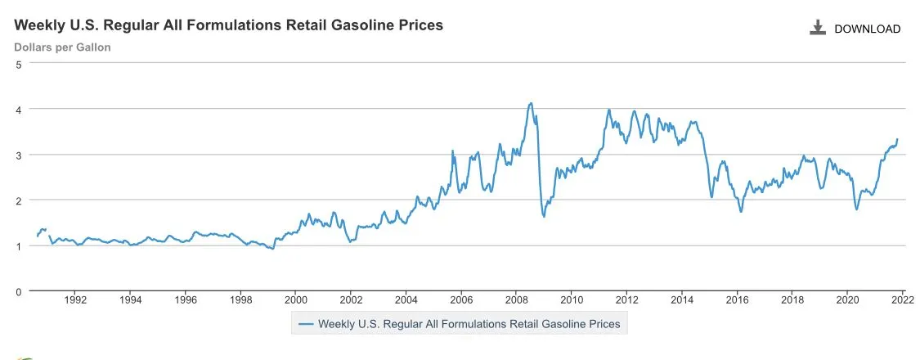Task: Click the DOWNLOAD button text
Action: [x=867, y=29]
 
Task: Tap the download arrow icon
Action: [x=817, y=28]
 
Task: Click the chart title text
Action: [x=228, y=25]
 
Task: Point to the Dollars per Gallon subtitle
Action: [x=62, y=47]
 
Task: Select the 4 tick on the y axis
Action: [x=19, y=109]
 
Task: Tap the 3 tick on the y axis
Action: [x=19, y=155]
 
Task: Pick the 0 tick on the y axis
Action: [x=19, y=290]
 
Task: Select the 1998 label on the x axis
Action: [x=240, y=299]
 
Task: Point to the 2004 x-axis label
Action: [x=406, y=299]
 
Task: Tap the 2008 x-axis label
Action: [x=516, y=299]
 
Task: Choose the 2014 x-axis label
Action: [x=681, y=299]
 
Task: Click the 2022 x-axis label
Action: [x=903, y=299]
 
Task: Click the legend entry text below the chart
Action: [x=469, y=324]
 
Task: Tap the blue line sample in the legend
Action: [x=307, y=324]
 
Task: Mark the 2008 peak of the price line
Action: [x=531, y=103]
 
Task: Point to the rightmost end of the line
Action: [x=897, y=139]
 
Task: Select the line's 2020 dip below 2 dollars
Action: [x=856, y=209]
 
